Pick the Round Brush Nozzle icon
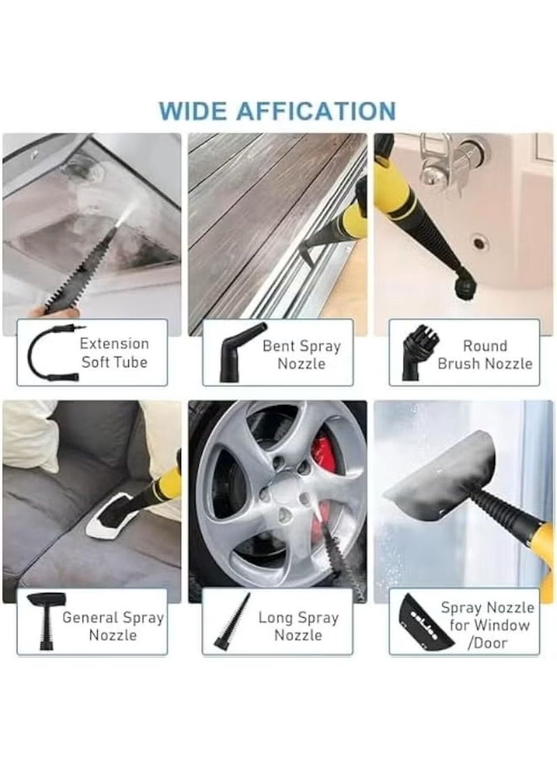[416, 354]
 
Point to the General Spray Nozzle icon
[47, 621]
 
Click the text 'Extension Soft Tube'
[114, 353]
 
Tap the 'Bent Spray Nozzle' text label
[301, 354]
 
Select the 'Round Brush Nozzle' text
[485, 354]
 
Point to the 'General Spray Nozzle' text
[113, 626]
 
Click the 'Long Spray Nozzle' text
[299, 626]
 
